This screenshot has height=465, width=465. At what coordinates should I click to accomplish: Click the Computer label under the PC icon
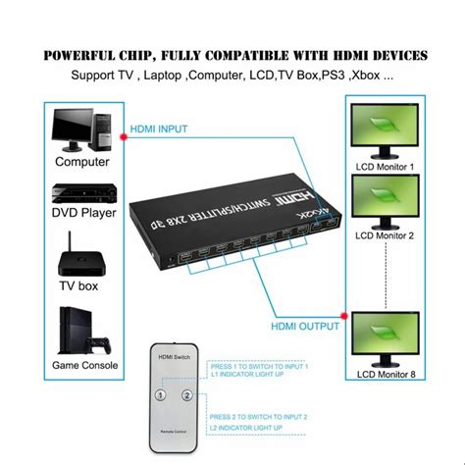pyautogui.click(x=82, y=161)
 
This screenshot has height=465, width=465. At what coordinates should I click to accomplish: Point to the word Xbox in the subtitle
pyautogui.click(x=375, y=75)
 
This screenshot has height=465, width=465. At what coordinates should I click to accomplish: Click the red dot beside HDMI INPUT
pyautogui.click(x=121, y=138)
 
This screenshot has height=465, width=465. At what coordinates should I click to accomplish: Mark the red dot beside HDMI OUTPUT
pyautogui.click(x=342, y=317)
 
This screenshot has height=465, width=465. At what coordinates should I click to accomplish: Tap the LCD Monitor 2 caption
pyautogui.click(x=385, y=235)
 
